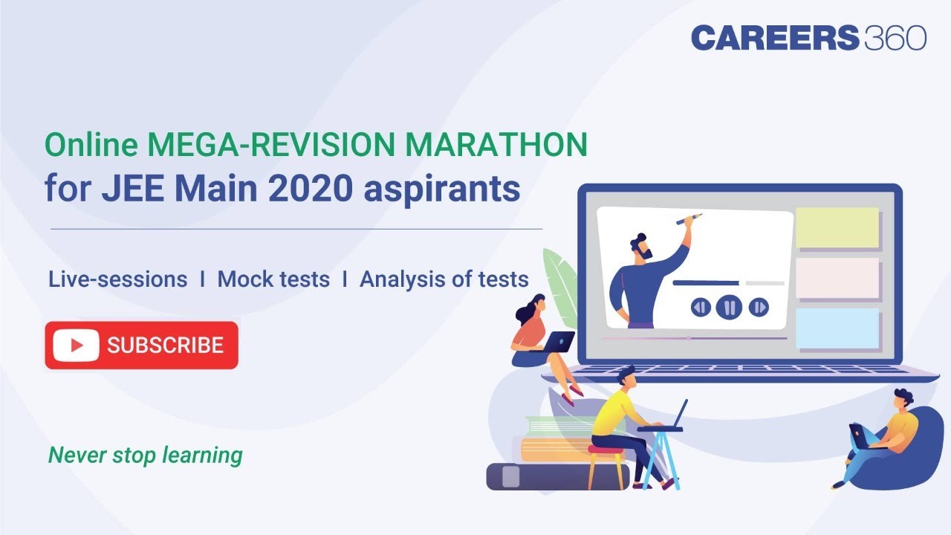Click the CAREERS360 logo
808,37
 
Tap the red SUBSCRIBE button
141,346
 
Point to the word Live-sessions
117,279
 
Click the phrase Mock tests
273,279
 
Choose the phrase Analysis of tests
444,279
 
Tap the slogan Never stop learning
145,455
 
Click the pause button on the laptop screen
730,307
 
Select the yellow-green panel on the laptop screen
837,227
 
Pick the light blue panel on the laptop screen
837,328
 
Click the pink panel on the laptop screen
837,278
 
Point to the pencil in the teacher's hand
689,219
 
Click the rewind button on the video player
701,307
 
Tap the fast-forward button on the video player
759,307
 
